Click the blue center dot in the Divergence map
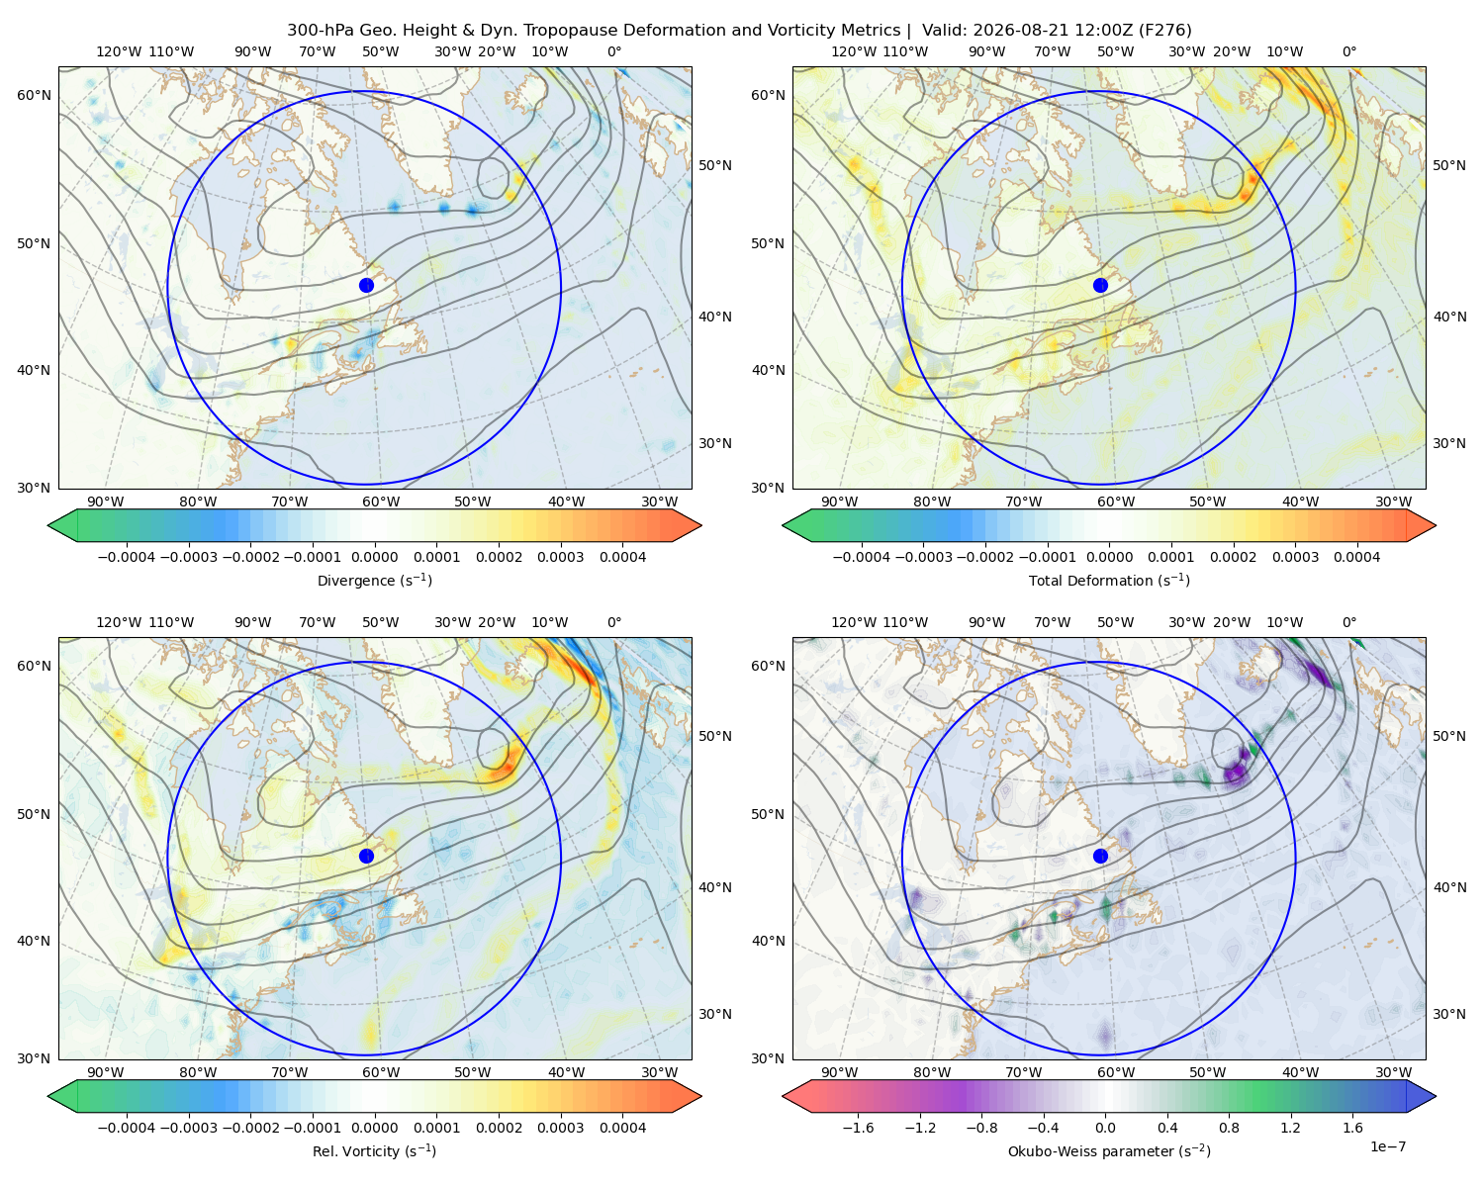(366, 286)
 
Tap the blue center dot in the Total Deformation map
(1100, 286)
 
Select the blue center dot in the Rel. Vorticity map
(366, 856)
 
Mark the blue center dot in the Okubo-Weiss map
(1100, 856)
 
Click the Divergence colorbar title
(374, 581)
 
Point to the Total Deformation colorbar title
(1109, 581)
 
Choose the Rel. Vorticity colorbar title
(374, 1151)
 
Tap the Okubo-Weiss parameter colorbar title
(1109, 1151)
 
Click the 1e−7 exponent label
(1387, 1146)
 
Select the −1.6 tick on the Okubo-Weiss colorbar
(858, 1128)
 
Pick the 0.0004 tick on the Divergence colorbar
(622, 557)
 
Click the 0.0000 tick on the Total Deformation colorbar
(1109, 557)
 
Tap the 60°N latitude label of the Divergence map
(34, 95)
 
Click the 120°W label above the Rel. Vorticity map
(119, 622)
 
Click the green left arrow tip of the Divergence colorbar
(48, 525)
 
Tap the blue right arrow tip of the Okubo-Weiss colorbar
(1436, 1096)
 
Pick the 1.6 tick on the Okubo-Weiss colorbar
(1353, 1128)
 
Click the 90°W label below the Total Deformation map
(839, 502)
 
